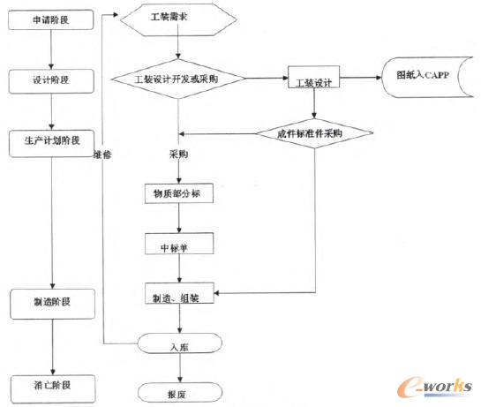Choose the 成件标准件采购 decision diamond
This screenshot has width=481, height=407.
pos(315,133)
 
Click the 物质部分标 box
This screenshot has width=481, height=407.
pos(178,195)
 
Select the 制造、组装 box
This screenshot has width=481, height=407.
pos(178,298)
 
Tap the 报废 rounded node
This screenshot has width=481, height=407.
pos(178,388)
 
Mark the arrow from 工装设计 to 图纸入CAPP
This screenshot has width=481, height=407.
pos(364,79)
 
